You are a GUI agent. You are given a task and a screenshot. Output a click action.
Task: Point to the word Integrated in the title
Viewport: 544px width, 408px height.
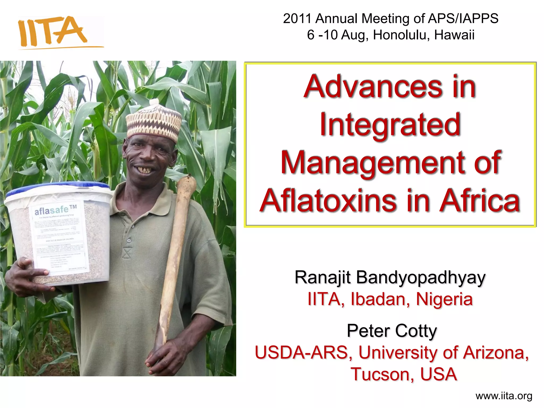(x=390, y=125)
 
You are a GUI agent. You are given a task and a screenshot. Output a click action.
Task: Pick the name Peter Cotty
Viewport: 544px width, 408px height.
(x=392, y=331)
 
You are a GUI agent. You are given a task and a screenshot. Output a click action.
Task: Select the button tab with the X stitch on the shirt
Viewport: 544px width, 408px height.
(x=126, y=253)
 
